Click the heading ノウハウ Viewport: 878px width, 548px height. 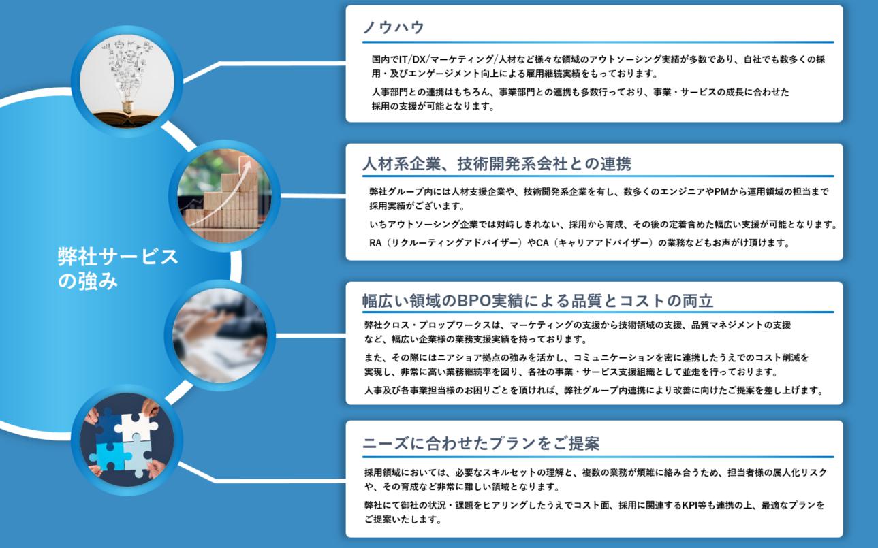click(x=394, y=27)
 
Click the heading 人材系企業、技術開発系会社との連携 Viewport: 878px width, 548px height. click(x=497, y=164)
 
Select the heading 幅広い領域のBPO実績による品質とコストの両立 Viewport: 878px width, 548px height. click(x=537, y=301)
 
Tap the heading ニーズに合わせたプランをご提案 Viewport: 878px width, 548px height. click(x=481, y=443)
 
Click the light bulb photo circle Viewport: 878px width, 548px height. click(x=127, y=81)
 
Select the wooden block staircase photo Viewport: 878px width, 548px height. click(x=224, y=195)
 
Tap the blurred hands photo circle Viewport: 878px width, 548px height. click(x=220, y=336)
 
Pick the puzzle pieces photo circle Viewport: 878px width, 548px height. click(x=127, y=440)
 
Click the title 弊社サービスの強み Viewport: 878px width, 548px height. click(x=118, y=269)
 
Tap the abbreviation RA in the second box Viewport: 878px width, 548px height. click(x=375, y=243)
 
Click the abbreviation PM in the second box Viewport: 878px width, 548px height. click(x=721, y=192)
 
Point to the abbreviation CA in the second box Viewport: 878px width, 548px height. click(x=542, y=243)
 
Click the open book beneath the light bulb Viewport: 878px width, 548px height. click(x=126, y=118)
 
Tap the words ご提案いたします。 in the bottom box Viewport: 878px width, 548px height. click(x=403, y=520)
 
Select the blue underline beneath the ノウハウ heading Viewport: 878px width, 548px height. click(x=598, y=42)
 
